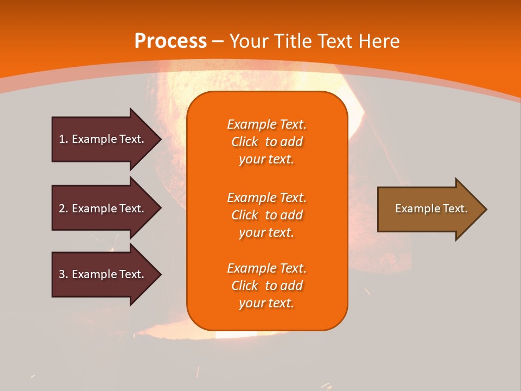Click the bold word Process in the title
click(170, 41)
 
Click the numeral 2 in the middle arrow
click(62, 209)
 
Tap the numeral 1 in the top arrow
click(62, 139)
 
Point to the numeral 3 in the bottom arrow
click(62, 274)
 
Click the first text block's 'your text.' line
click(266, 160)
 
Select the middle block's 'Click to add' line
click(266, 215)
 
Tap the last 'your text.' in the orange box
click(266, 304)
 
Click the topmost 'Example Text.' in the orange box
click(266, 124)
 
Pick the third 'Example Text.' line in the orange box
click(266, 268)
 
